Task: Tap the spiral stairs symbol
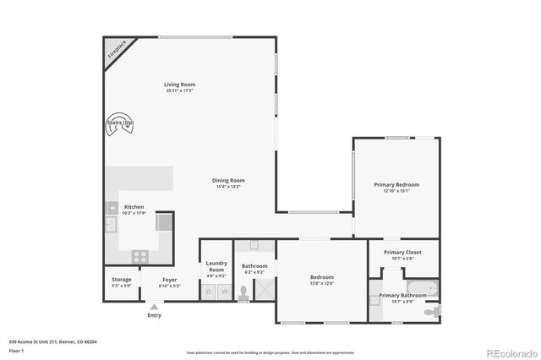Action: pyautogui.click(x=120, y=123)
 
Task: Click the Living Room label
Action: pyautogui.click(x=179, y=84)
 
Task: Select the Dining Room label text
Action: pyautogui.click(x=227, y=180)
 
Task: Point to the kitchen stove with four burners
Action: pyautogui.click(x=139, y=254)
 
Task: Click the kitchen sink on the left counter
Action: pyautogui.click(x=111, y=226)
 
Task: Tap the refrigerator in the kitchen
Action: pyautogui.click(x=164, y=222)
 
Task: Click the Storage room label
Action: pyautogui.click(x=122, y=279)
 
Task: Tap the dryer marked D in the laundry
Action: pyautogui.click(x=209, y=292)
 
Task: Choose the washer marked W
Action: pyautogui.click(x=224, y=292)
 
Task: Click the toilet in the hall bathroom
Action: pyautogui.click(x=243, y=292)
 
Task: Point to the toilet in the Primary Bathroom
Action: pyautogui.click(x=432, y=312)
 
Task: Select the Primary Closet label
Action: pyautogui.click(x=402, y=252)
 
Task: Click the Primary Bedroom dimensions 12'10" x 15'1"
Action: pyautogui.click(x=396, y=191)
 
